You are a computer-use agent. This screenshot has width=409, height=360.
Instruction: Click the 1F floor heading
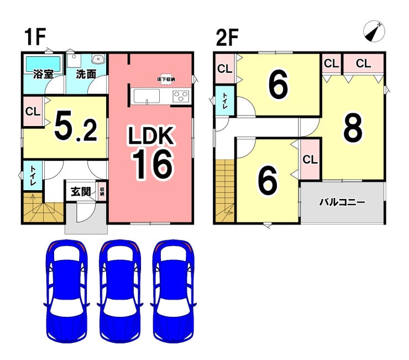tap(34, 38)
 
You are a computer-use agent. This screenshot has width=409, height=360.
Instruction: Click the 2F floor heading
tap(227, 38)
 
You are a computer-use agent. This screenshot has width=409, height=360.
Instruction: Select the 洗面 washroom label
tap(86, 73)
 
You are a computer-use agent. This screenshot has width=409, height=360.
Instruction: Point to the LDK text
tap(151, 135)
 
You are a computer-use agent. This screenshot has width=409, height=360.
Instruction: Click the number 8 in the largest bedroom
tap(353, 128)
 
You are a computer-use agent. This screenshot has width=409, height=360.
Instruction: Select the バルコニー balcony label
tap(342, 202)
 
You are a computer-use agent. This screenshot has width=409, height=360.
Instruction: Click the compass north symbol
tap(374, 31)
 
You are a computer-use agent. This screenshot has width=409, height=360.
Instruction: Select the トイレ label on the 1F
tap(33, 176)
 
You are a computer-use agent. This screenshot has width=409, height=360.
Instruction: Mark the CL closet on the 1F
tap(33, 111)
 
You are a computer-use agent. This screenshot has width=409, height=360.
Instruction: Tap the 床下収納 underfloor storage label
tap(166, 79)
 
